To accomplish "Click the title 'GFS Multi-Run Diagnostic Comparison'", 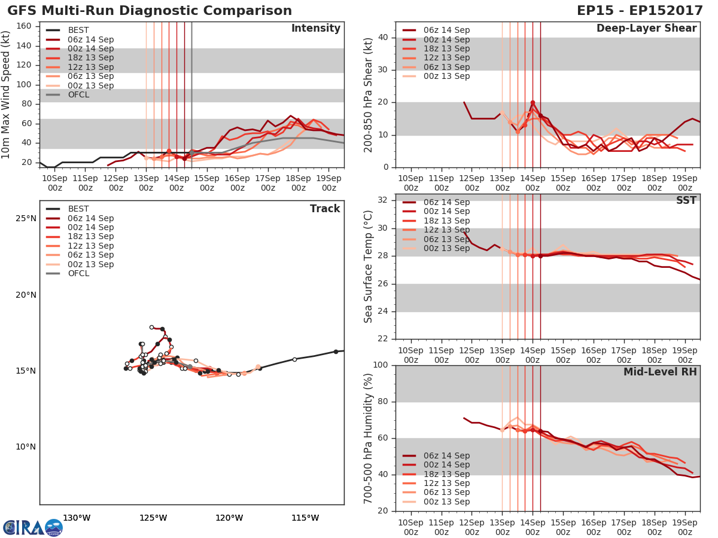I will click(150, 11).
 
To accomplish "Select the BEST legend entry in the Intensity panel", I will click(78, 30).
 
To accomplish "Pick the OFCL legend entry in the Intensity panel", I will click(78, 95).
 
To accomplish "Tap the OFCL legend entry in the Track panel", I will click(78, 274).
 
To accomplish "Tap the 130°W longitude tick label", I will click(77, 518).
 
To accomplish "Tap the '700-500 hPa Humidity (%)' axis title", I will click(369, 438).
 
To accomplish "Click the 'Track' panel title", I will click(324, 209).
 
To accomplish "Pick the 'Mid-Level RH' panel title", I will click(660, 372).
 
